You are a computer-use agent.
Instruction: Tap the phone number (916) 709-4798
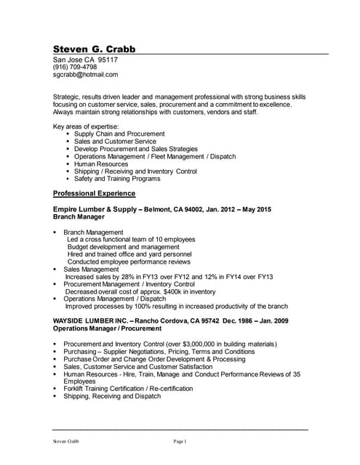[75, 67]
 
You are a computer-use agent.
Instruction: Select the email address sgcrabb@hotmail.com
[85, 74]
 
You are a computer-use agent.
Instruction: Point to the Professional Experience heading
[95, 193]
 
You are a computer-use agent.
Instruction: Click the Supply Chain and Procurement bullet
[119, 134]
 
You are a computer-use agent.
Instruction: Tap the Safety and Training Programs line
[117, 178]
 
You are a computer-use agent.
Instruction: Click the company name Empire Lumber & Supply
[95, 209]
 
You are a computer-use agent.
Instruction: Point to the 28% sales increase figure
[129, 276]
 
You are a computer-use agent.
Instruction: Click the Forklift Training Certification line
[128, 389]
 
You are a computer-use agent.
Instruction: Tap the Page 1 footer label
[180, 442]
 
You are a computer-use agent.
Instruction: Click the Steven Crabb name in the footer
[65, 442]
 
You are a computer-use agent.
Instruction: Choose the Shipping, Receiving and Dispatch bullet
[112, 396]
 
